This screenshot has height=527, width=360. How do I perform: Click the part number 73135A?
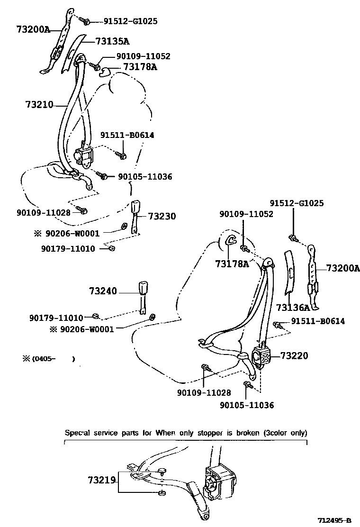pyautogui.click(x=112, y=41)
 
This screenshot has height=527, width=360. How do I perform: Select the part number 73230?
pyautogui.click(x=162, y=216)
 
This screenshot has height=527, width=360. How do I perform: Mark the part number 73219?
pyautogui.click(x=101, y=480)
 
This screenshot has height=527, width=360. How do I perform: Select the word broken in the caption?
pyautogui.click(x=244, y=433)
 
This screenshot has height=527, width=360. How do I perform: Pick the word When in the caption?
pyautogui.click(x=166, y=433)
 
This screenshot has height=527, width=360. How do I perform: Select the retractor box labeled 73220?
pyautogui.click(x=261, y=357)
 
